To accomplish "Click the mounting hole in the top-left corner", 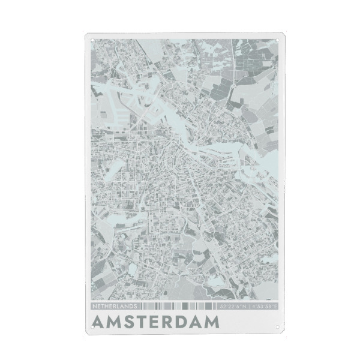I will pyautogui.click(x=92, y=40).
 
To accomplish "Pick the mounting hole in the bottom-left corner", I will pyautogui.click(x=92, y=326).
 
